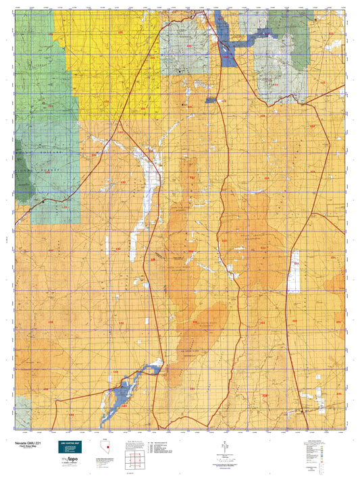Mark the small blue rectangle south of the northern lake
click(x=210, y=100)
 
